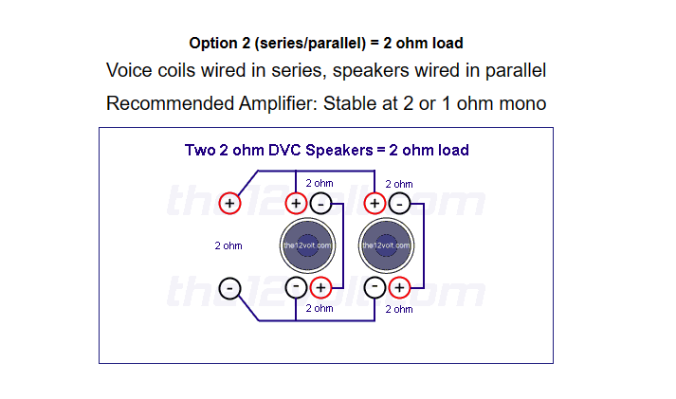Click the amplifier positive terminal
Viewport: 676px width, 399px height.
[229, 204]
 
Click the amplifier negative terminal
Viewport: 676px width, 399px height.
[229, 288]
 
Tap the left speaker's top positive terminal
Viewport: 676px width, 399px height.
[296, 204]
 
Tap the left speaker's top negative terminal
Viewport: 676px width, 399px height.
[320, 204]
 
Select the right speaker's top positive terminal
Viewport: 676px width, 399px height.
[375, 204]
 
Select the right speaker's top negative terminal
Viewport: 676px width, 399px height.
[400, 204]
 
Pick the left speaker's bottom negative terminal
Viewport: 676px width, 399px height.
[296, 287]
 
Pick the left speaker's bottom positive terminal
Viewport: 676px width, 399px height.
[320, 287]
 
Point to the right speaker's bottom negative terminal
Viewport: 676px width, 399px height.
[375, 287]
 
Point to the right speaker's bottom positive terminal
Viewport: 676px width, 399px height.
[400, 287]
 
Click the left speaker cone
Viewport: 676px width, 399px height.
[307, 245]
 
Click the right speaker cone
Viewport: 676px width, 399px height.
[386, 245]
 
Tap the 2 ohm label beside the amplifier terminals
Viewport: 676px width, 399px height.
[228, 245]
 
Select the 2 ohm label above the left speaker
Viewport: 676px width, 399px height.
[320, 183]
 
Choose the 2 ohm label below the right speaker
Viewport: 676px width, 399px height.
[399, 309]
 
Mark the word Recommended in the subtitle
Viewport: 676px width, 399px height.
[170, 103]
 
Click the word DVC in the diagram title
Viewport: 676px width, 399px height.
[285, 150]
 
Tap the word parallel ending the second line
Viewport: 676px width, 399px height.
[516, 71]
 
